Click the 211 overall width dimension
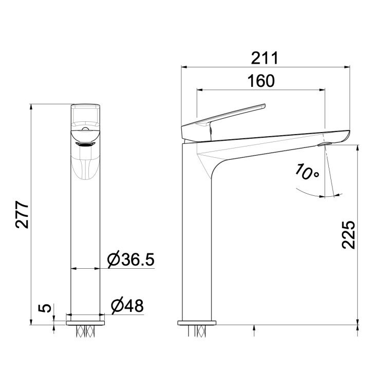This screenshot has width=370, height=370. [265, 58]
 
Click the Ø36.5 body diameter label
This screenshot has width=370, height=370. [131, 260]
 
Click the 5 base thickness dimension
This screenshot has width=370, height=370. [46, 308]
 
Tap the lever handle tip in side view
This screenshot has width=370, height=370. [263, 106]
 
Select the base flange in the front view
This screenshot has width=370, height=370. [86, 322]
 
